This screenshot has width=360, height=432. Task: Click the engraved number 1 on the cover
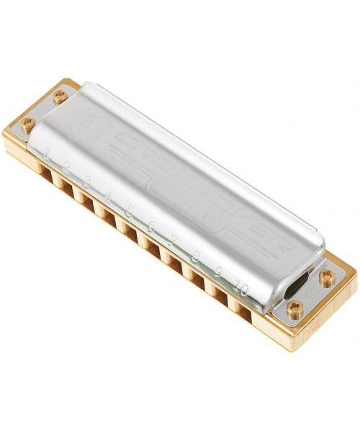(x=47, y=153)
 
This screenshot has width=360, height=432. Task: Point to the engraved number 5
(x=130, y=210)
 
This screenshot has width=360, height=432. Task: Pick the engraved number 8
(x=196, y=255)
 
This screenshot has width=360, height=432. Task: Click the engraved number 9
(x=218, y=272)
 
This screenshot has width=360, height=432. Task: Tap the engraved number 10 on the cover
(x=242, y=289)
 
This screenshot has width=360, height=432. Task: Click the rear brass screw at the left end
(x=60, y=94)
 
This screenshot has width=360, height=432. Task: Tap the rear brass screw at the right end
(x=328, y=276)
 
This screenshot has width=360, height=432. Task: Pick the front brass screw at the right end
(x=294, y=309)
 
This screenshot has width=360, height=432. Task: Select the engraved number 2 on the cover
(x=67, y=166)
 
